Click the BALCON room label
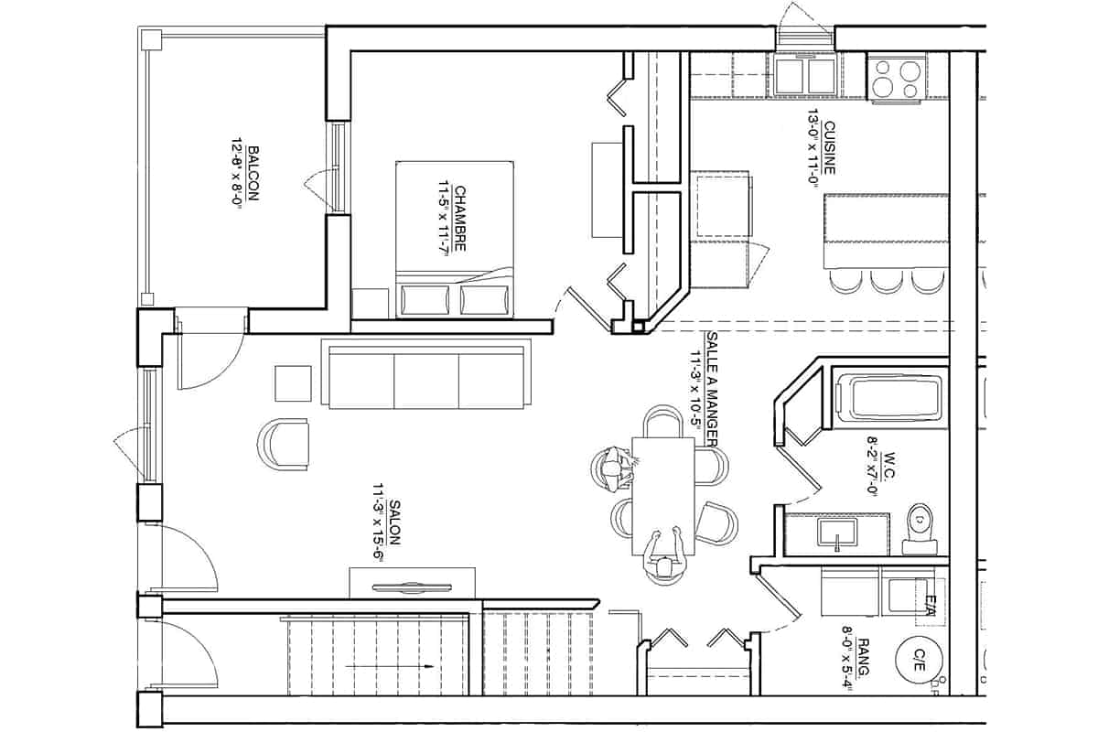(x=253, y=173)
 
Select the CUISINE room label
(x=829, y=148)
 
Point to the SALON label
(x=394, y=522)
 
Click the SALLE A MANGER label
(x=712, y=389)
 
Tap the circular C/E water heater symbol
(x=919, y=660)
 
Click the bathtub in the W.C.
(x=888, y=397)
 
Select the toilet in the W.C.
(x=920, y=529)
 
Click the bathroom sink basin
(x=837, y=533)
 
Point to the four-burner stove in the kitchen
(x=897, y=78)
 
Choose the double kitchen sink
(x=805, y=76)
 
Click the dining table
(x=663, y=496)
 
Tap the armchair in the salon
(x=284, y=444)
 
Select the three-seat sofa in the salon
(x=426, y=373)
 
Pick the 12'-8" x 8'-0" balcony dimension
(x=237, y=173)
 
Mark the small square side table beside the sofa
(x=293, y=383)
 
